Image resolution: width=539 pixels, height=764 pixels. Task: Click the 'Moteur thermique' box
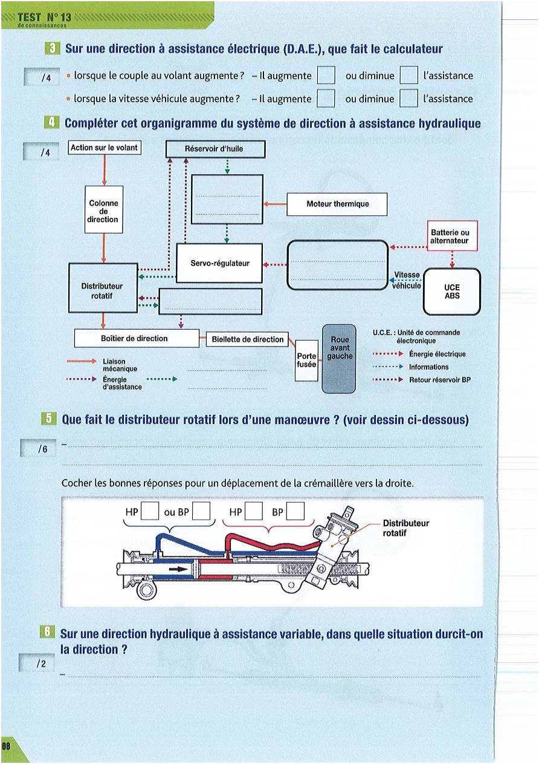click(x=337, y=204)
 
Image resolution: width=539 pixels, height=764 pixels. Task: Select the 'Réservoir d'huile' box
click(x=215, y=149)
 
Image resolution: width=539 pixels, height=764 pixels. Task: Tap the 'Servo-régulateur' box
click(x=219, y=263)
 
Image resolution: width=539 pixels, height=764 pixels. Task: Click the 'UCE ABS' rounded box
click(x=452, y=292)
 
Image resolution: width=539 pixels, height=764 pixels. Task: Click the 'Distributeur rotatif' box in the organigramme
click(x=103, y=289)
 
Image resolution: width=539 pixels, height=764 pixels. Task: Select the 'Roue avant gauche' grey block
click(x=340, y=358)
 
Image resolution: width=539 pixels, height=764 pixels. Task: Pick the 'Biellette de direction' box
click(x=247, y=340)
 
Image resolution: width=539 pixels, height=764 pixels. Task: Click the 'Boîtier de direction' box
click(x=136, y=339)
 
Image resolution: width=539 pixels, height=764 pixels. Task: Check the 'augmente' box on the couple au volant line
click(x=326, y=76)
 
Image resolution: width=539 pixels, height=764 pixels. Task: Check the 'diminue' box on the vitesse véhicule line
click(x=409, y=99)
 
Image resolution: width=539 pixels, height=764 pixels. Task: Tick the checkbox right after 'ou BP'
click(x=201, y=512)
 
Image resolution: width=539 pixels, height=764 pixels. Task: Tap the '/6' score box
click(x=38, y=449)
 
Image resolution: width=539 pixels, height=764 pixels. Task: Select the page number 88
click(x=6, y=746)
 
